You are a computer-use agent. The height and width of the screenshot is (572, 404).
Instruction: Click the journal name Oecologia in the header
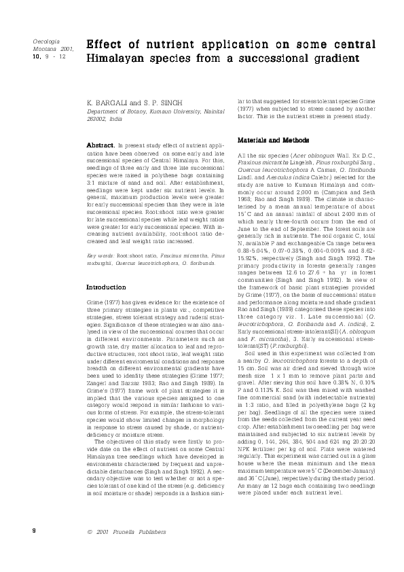pyautogui.click(x=43, y=42)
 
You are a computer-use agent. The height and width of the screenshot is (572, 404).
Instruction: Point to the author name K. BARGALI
pyautogui.click(x=108, y=103)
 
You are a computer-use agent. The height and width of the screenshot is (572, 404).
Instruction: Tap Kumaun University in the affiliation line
pyautogui.click(x=158, y=111)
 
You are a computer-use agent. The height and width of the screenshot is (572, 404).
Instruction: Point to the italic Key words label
pyautogui.click(x=100, y=255)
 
